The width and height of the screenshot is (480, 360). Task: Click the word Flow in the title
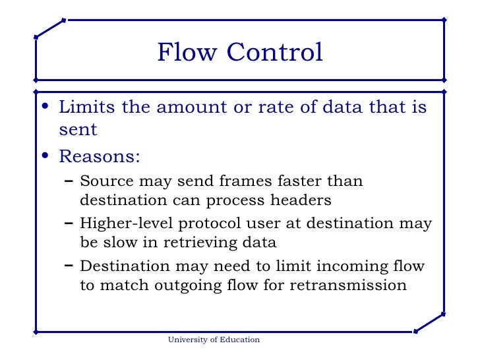(x=183, y=53)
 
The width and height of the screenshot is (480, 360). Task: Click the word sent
(x=78, y=130)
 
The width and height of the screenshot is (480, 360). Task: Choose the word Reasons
(x=99, y=158)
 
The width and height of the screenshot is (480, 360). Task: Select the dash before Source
(x=69, y=181)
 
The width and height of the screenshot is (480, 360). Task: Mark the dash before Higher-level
(x=69, y=223)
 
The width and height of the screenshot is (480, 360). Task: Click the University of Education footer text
(x=214, y=340)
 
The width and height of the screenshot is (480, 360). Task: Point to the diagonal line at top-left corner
(x=49, y=28)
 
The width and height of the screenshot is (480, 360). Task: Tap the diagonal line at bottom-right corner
(x=429, y=322)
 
